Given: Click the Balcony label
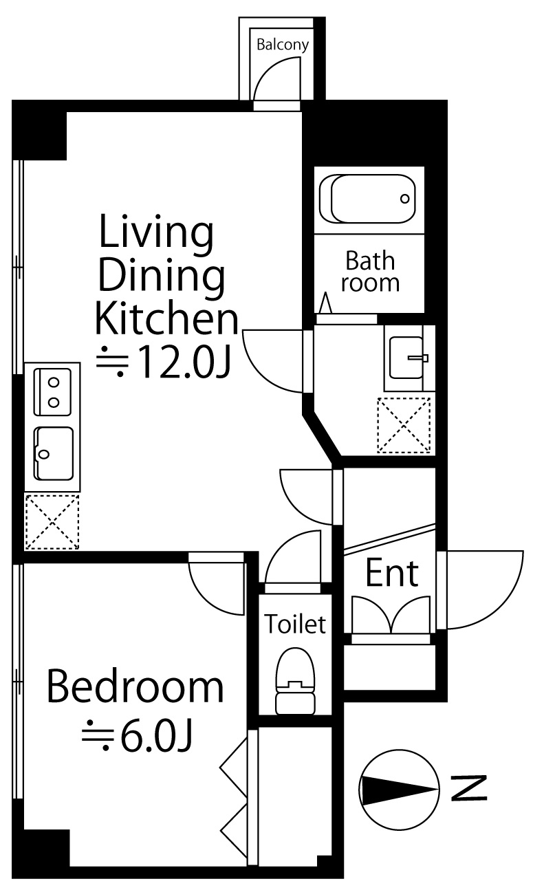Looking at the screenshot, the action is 283,45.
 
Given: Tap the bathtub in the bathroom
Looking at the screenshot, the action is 368,199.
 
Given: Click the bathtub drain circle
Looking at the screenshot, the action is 404,199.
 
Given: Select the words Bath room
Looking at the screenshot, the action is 370,272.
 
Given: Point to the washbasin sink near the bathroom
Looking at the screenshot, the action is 406,358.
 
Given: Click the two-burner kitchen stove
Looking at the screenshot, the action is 53,392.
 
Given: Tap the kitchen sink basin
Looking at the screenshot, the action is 54,453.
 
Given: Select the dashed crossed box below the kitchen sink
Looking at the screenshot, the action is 52,522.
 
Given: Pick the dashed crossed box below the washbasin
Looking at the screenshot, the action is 404,425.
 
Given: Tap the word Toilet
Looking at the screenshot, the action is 296,624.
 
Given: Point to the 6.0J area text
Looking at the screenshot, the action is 137,739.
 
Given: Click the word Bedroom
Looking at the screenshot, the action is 135,688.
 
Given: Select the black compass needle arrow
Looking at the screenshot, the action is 398,788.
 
